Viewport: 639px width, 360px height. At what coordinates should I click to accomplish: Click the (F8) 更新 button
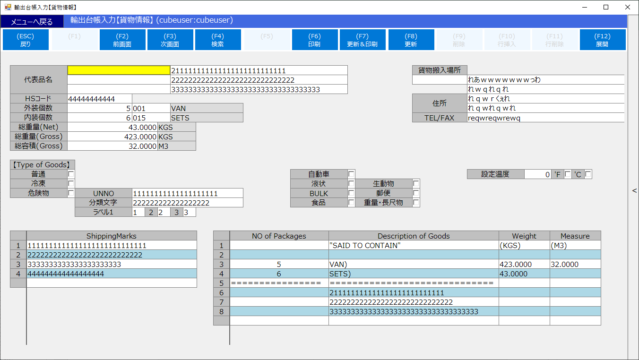click(x=411, y=40)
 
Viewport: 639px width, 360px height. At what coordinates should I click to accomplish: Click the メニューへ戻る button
click(x=32, y=22)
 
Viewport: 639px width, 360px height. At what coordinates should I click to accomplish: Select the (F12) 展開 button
click(x=603, y=40)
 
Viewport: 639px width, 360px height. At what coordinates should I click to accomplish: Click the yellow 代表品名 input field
click(x=119, y=70)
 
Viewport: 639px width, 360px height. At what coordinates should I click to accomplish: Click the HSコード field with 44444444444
click(x=100, y=99)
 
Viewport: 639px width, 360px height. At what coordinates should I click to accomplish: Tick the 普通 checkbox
click(x=71, y=174)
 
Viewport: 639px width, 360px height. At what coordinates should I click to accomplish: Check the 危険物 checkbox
click(x=71, y=193)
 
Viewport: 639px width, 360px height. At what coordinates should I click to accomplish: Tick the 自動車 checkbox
click(x=351, y=174)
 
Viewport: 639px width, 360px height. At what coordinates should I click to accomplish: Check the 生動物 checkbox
click(x=416, y=183)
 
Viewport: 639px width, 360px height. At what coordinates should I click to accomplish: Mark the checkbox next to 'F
click(x=568, y=174)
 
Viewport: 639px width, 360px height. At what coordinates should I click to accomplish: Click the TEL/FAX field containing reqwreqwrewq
click(x=545, y=118)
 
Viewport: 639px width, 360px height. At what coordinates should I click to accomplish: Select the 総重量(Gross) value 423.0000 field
click(x=112, y=137)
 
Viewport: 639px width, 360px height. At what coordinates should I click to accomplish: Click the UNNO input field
click(x=188, y=193)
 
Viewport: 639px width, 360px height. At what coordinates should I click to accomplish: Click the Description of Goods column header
click(x=414, y=236)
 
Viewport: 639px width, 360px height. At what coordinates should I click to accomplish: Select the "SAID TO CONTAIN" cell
click(x=414, y=245)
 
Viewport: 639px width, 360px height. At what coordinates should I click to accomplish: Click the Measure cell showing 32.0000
click(x=575, y=264)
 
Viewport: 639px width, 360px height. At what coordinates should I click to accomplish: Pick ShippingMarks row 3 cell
click(x=112, y=264)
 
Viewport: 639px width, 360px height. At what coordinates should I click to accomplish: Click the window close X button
click(x=628, y=7)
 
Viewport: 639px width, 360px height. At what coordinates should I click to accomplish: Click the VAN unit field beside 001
click(x=207, y=108)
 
